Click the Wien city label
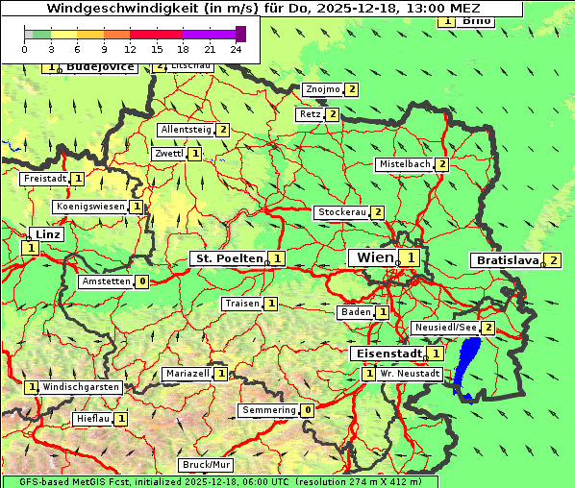tap(374, 257)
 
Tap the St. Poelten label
tap(227, 258)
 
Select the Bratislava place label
tap(506, 260)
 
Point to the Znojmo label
tap(322, 89)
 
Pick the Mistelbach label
tap(404, 164)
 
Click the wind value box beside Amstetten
tap(142, 281)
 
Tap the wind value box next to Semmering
tap(308, 410)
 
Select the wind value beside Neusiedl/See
tap(488, 328)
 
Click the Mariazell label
tap(187, 373)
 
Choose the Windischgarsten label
tap(81, 386)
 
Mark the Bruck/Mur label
tap(207, 464)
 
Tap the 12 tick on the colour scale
tap(130, 49)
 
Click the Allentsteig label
tap(187, 130)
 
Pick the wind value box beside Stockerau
tap(378, 212)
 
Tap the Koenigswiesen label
tap(90, 207)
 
